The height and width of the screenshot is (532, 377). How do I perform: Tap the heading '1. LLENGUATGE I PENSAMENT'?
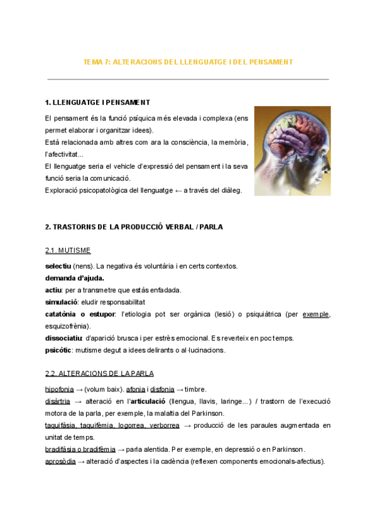(x=97, y=102)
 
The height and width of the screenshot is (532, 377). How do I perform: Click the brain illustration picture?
(x=293, y=151)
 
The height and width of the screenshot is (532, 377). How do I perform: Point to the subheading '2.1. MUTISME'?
(x=68, y=251)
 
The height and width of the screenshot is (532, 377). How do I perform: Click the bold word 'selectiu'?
(x=58, y=266)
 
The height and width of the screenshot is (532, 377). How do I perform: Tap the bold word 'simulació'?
(x=61, y=302)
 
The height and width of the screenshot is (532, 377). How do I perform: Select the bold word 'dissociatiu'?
(x=64, y=338)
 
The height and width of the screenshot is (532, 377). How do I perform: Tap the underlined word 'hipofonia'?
(x=59, y=389)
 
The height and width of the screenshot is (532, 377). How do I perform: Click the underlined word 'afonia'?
(x=136, y=389)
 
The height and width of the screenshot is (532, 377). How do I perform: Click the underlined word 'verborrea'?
(x=165, y=425)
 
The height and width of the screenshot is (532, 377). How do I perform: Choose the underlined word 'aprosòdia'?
(x=60, y=462)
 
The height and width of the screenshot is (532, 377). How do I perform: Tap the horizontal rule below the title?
(x=188, y=80)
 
